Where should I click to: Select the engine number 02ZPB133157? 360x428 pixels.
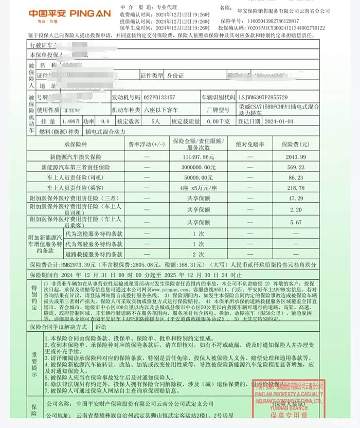point(159,97)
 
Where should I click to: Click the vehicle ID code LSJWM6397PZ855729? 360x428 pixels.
point(263,97)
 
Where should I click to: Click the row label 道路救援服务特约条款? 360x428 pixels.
point(94,254)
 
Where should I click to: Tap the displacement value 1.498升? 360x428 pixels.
point(70,122)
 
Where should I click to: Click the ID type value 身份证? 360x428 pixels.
point(174,75)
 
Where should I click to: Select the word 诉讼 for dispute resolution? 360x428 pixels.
point(101,326)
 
